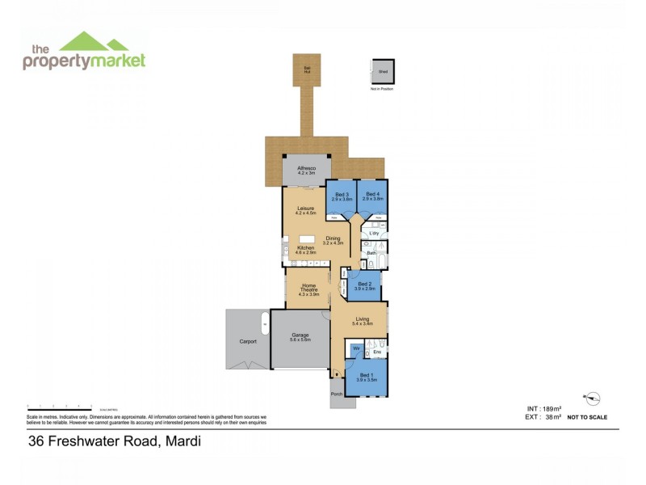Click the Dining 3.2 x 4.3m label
[x=333, y=240]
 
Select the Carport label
[x=248, y=341]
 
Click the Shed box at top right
[x=383, y=72]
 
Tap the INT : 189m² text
[x=543, y=409]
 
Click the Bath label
[x=371, y=254]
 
